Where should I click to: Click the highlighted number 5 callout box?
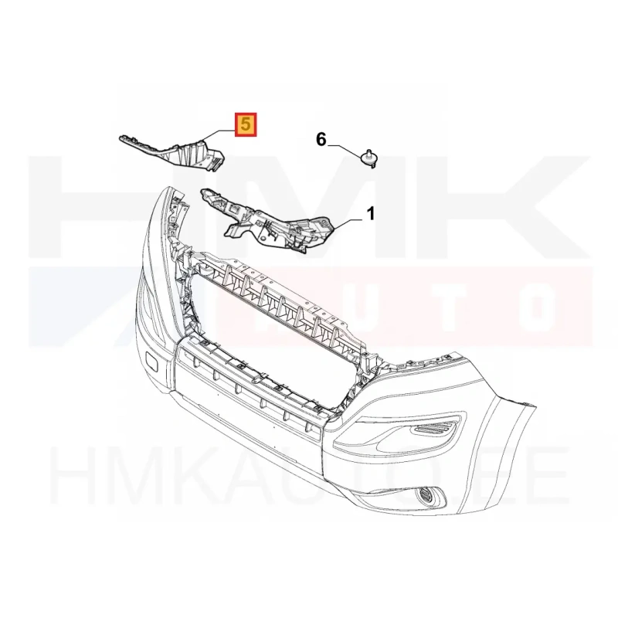click(246, 125)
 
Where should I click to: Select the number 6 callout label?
click(321, 139)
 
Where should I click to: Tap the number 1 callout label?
click(371, 214)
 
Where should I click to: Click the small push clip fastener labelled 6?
click(369, 158)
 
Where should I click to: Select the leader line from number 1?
click(349, 224)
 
